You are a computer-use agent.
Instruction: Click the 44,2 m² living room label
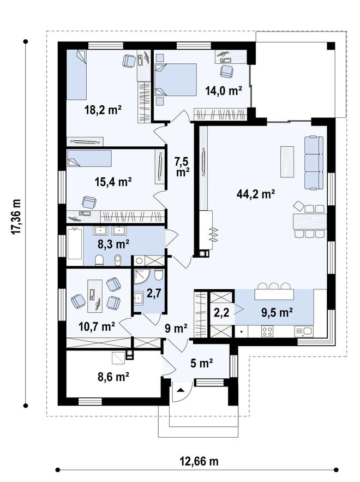pos(256,194)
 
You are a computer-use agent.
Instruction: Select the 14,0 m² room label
pos(223,91)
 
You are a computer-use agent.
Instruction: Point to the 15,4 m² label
pos(113,182)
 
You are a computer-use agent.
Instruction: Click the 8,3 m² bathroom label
pos(113,244)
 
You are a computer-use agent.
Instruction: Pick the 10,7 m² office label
pos(97,326)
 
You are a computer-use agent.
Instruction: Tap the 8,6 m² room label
pos(113,376)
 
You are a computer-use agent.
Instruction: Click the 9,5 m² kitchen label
pos(277,313)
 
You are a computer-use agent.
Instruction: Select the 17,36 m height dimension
pos(16,216)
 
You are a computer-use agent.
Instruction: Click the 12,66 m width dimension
pos(199,461)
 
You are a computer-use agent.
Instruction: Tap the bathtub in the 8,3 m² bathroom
pos(75,243)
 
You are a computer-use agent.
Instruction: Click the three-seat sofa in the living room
pos(314,163)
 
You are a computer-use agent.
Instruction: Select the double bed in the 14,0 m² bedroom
pos(176,80)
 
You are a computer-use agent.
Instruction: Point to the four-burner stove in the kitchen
pos(267,331)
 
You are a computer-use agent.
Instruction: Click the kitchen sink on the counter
pos(304,331)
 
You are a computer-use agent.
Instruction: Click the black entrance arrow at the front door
pos(181,390)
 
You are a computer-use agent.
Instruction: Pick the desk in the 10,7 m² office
pos(94,294)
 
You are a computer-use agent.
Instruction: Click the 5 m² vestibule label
pos(201,363)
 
